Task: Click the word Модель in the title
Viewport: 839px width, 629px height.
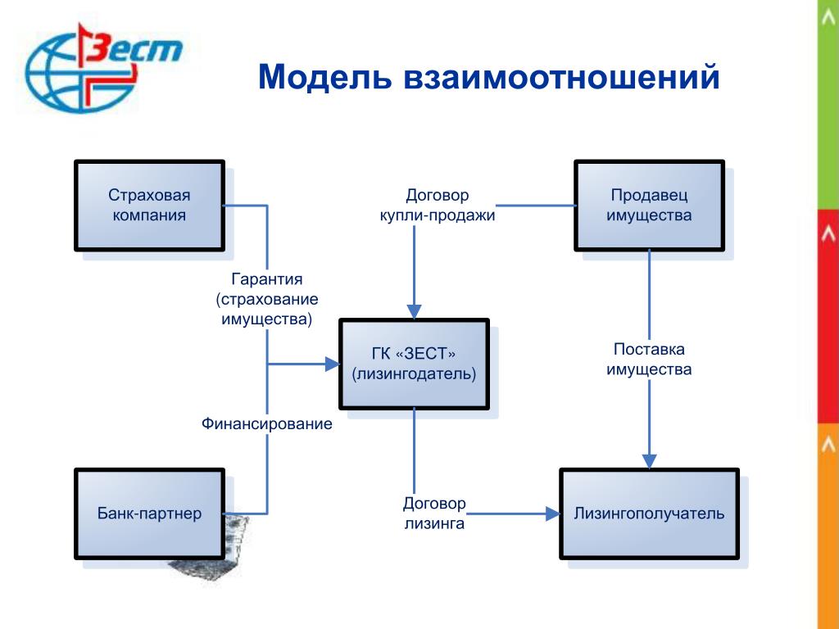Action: (324, 77)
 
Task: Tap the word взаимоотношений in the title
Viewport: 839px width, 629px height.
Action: (561, 77)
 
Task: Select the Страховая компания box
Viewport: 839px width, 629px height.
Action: (149, 206)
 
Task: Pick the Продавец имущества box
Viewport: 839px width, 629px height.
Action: (649, 206)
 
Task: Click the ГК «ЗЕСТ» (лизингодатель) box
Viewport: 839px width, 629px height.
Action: (414, 364)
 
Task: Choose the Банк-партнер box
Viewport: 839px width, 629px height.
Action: (149, 514)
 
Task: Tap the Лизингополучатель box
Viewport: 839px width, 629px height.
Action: (649, 514)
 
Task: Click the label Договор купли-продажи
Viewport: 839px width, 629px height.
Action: (438, 206)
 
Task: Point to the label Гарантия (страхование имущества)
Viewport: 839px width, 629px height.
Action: (267, 299)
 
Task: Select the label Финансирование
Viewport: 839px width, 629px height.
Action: (267, 424)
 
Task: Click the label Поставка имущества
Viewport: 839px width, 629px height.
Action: (649, 360)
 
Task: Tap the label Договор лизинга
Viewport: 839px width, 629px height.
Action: (434, 514)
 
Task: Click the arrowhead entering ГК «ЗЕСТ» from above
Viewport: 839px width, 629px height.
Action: (414, 311)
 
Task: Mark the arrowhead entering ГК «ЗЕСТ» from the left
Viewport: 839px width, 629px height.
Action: (333, 364)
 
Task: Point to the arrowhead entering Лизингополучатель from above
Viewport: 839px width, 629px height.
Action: (649, 462)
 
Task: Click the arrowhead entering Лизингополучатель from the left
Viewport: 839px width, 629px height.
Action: (553, 514)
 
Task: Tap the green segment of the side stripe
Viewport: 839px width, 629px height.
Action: (828, 104)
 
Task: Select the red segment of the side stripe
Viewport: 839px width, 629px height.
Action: (828, 316)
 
